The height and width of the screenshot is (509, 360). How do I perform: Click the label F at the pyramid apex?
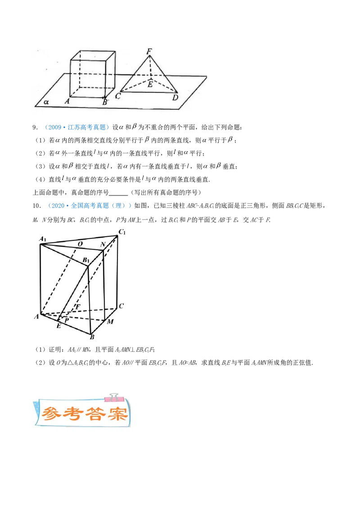148,50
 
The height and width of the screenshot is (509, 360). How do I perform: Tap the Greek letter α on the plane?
46,102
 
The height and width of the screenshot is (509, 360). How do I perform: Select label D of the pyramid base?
175,98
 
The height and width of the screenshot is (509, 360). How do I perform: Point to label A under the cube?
67,102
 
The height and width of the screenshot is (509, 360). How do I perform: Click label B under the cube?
105,102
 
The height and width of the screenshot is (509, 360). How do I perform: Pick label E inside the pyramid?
150,83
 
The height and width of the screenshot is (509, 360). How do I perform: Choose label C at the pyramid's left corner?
117,96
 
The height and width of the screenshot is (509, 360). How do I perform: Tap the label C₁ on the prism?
122,232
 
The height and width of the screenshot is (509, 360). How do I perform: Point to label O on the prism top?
80,244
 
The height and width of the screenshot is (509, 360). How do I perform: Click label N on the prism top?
103,244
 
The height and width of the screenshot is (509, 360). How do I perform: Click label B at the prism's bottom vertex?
92,337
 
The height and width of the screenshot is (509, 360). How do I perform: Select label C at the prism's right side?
121,306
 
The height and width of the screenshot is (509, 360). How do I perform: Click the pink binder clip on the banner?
113,397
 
